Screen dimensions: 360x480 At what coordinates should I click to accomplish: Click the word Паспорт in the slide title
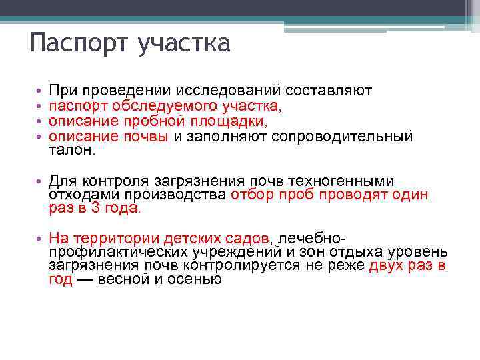[79, 44]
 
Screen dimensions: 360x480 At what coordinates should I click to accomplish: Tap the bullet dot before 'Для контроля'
[41, 182]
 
